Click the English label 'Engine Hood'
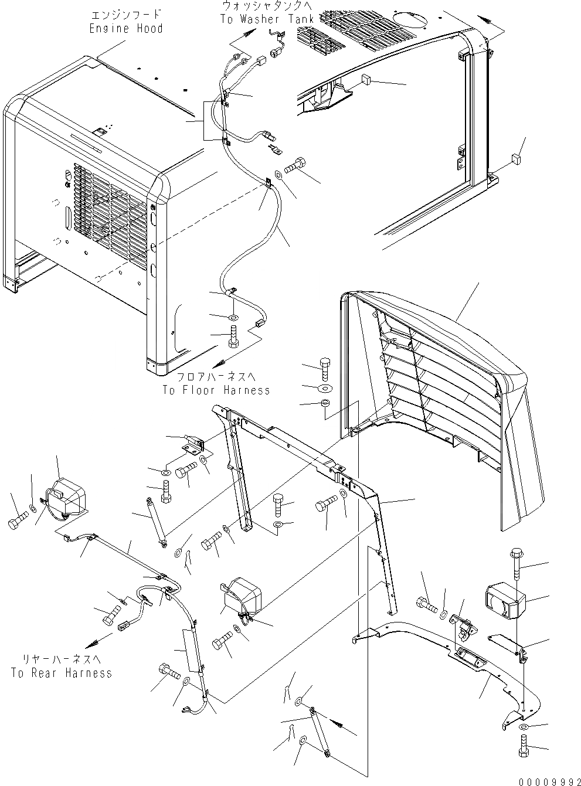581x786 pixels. coord(125,28)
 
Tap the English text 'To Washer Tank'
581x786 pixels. coord(267,19)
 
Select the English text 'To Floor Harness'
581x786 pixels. coord(216,390)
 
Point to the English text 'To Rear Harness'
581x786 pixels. coord(61,673)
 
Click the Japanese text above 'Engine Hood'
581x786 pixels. coord(125,15)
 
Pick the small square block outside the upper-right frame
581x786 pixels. coord(515,158)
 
